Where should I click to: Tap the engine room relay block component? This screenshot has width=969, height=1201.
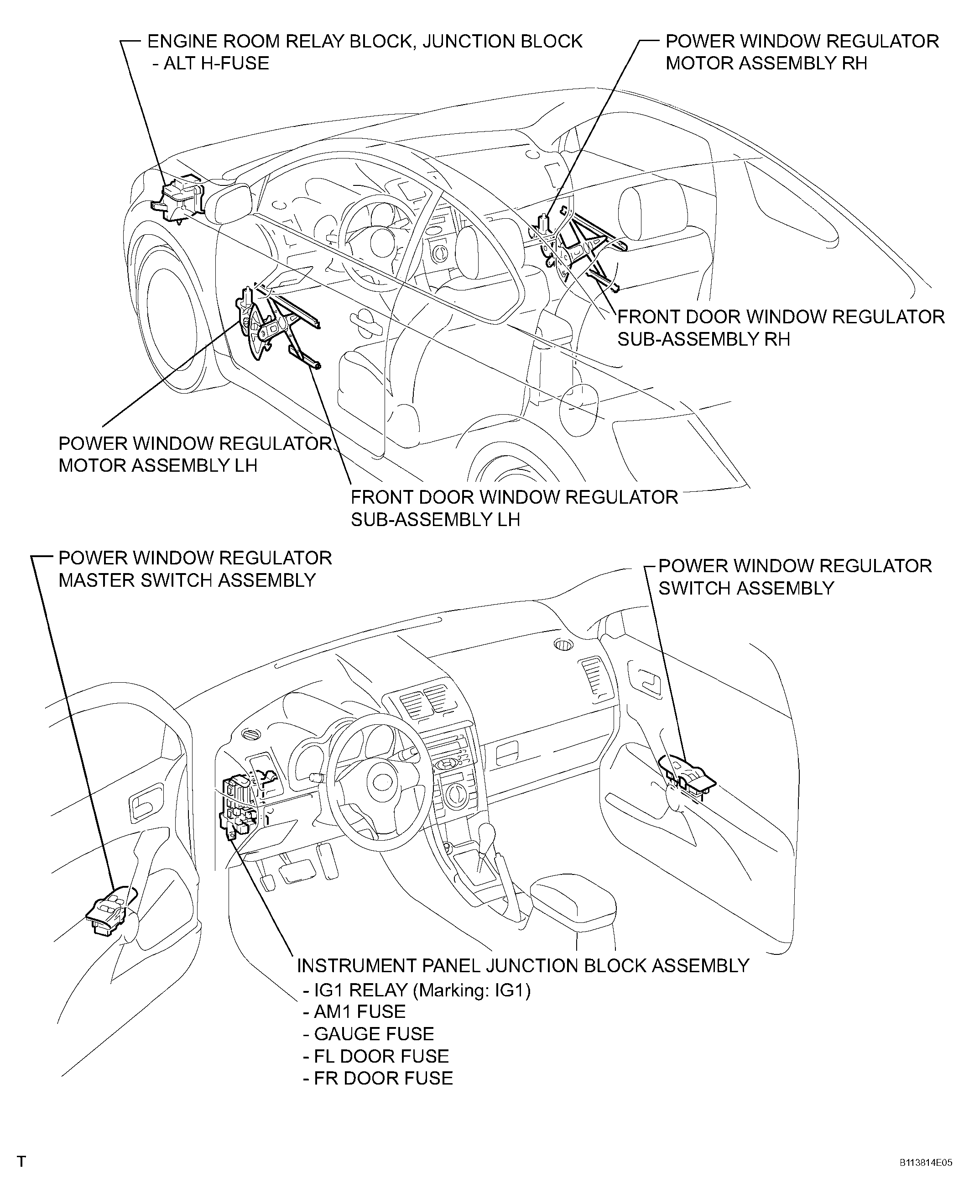coord(180,200)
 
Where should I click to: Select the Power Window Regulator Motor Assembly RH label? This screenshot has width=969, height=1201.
coord(802,52)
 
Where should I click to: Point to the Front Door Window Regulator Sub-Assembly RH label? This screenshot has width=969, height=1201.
coord(780,328)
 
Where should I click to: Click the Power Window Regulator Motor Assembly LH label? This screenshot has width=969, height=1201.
coord(195,454)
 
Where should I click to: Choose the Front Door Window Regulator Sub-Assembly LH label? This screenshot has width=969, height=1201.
coord(514,508)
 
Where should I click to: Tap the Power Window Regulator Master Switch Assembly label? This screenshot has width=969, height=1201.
coord(195,569)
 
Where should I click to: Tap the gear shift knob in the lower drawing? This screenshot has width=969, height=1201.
coord(487,835)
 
